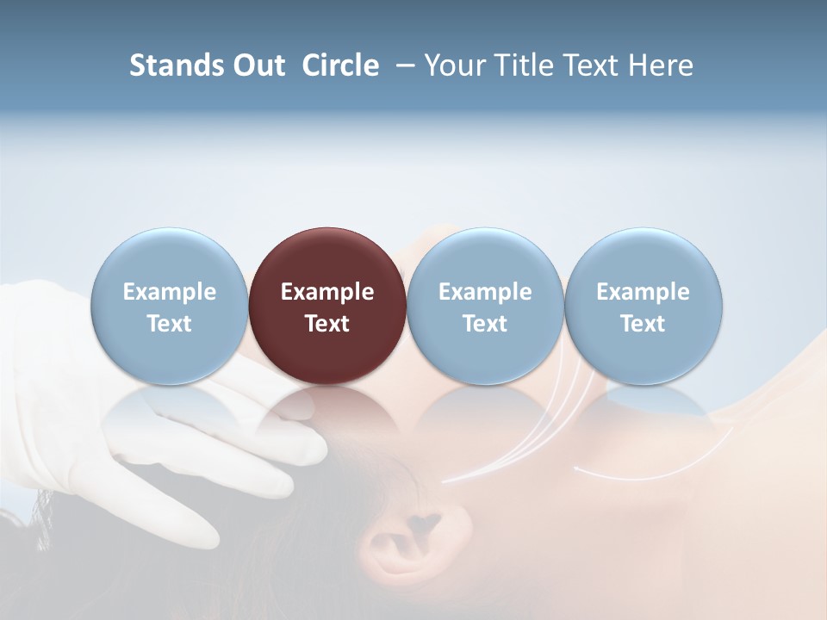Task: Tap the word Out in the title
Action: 256,65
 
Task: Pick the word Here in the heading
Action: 662,65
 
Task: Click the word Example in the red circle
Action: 327,292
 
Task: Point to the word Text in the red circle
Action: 327,324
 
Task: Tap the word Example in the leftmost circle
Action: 169,292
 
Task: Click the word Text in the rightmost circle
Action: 643,324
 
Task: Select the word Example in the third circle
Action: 485,292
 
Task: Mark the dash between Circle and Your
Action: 402,65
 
